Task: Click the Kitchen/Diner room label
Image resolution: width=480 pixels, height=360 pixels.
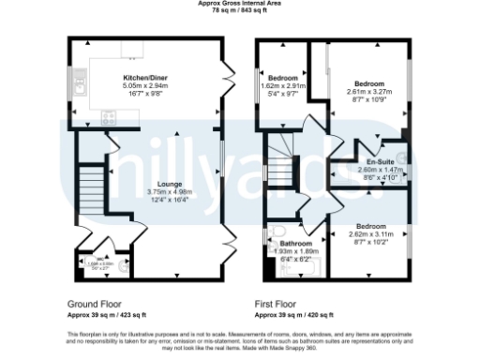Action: click(x=144, y=76)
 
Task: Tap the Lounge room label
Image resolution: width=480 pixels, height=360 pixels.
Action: click(x=143, y=185)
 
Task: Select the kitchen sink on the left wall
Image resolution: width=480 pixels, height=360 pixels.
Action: click(x=82, y=90)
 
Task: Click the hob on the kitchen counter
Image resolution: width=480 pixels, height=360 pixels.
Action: click(x=105, y=119)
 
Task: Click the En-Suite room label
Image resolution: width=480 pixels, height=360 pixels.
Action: click(x=379, y=162)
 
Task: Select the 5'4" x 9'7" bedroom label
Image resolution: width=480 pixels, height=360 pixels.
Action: click(x=283, y=94)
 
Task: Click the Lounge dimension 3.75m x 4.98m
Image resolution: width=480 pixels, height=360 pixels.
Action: click(x=143, y=192)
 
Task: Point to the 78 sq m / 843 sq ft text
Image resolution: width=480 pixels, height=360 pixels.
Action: click(x=240, y=10)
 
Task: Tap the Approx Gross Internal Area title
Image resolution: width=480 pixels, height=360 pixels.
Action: click(x=240, y=4)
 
